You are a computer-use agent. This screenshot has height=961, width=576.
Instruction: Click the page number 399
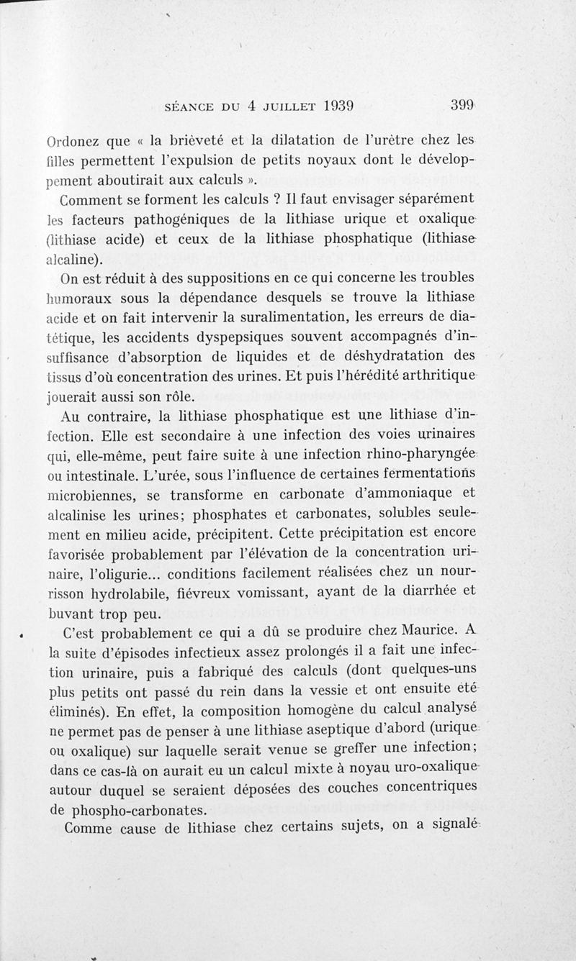[x=461, y=104]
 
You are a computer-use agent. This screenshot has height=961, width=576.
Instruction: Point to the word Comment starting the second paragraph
[x=93, y=199]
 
